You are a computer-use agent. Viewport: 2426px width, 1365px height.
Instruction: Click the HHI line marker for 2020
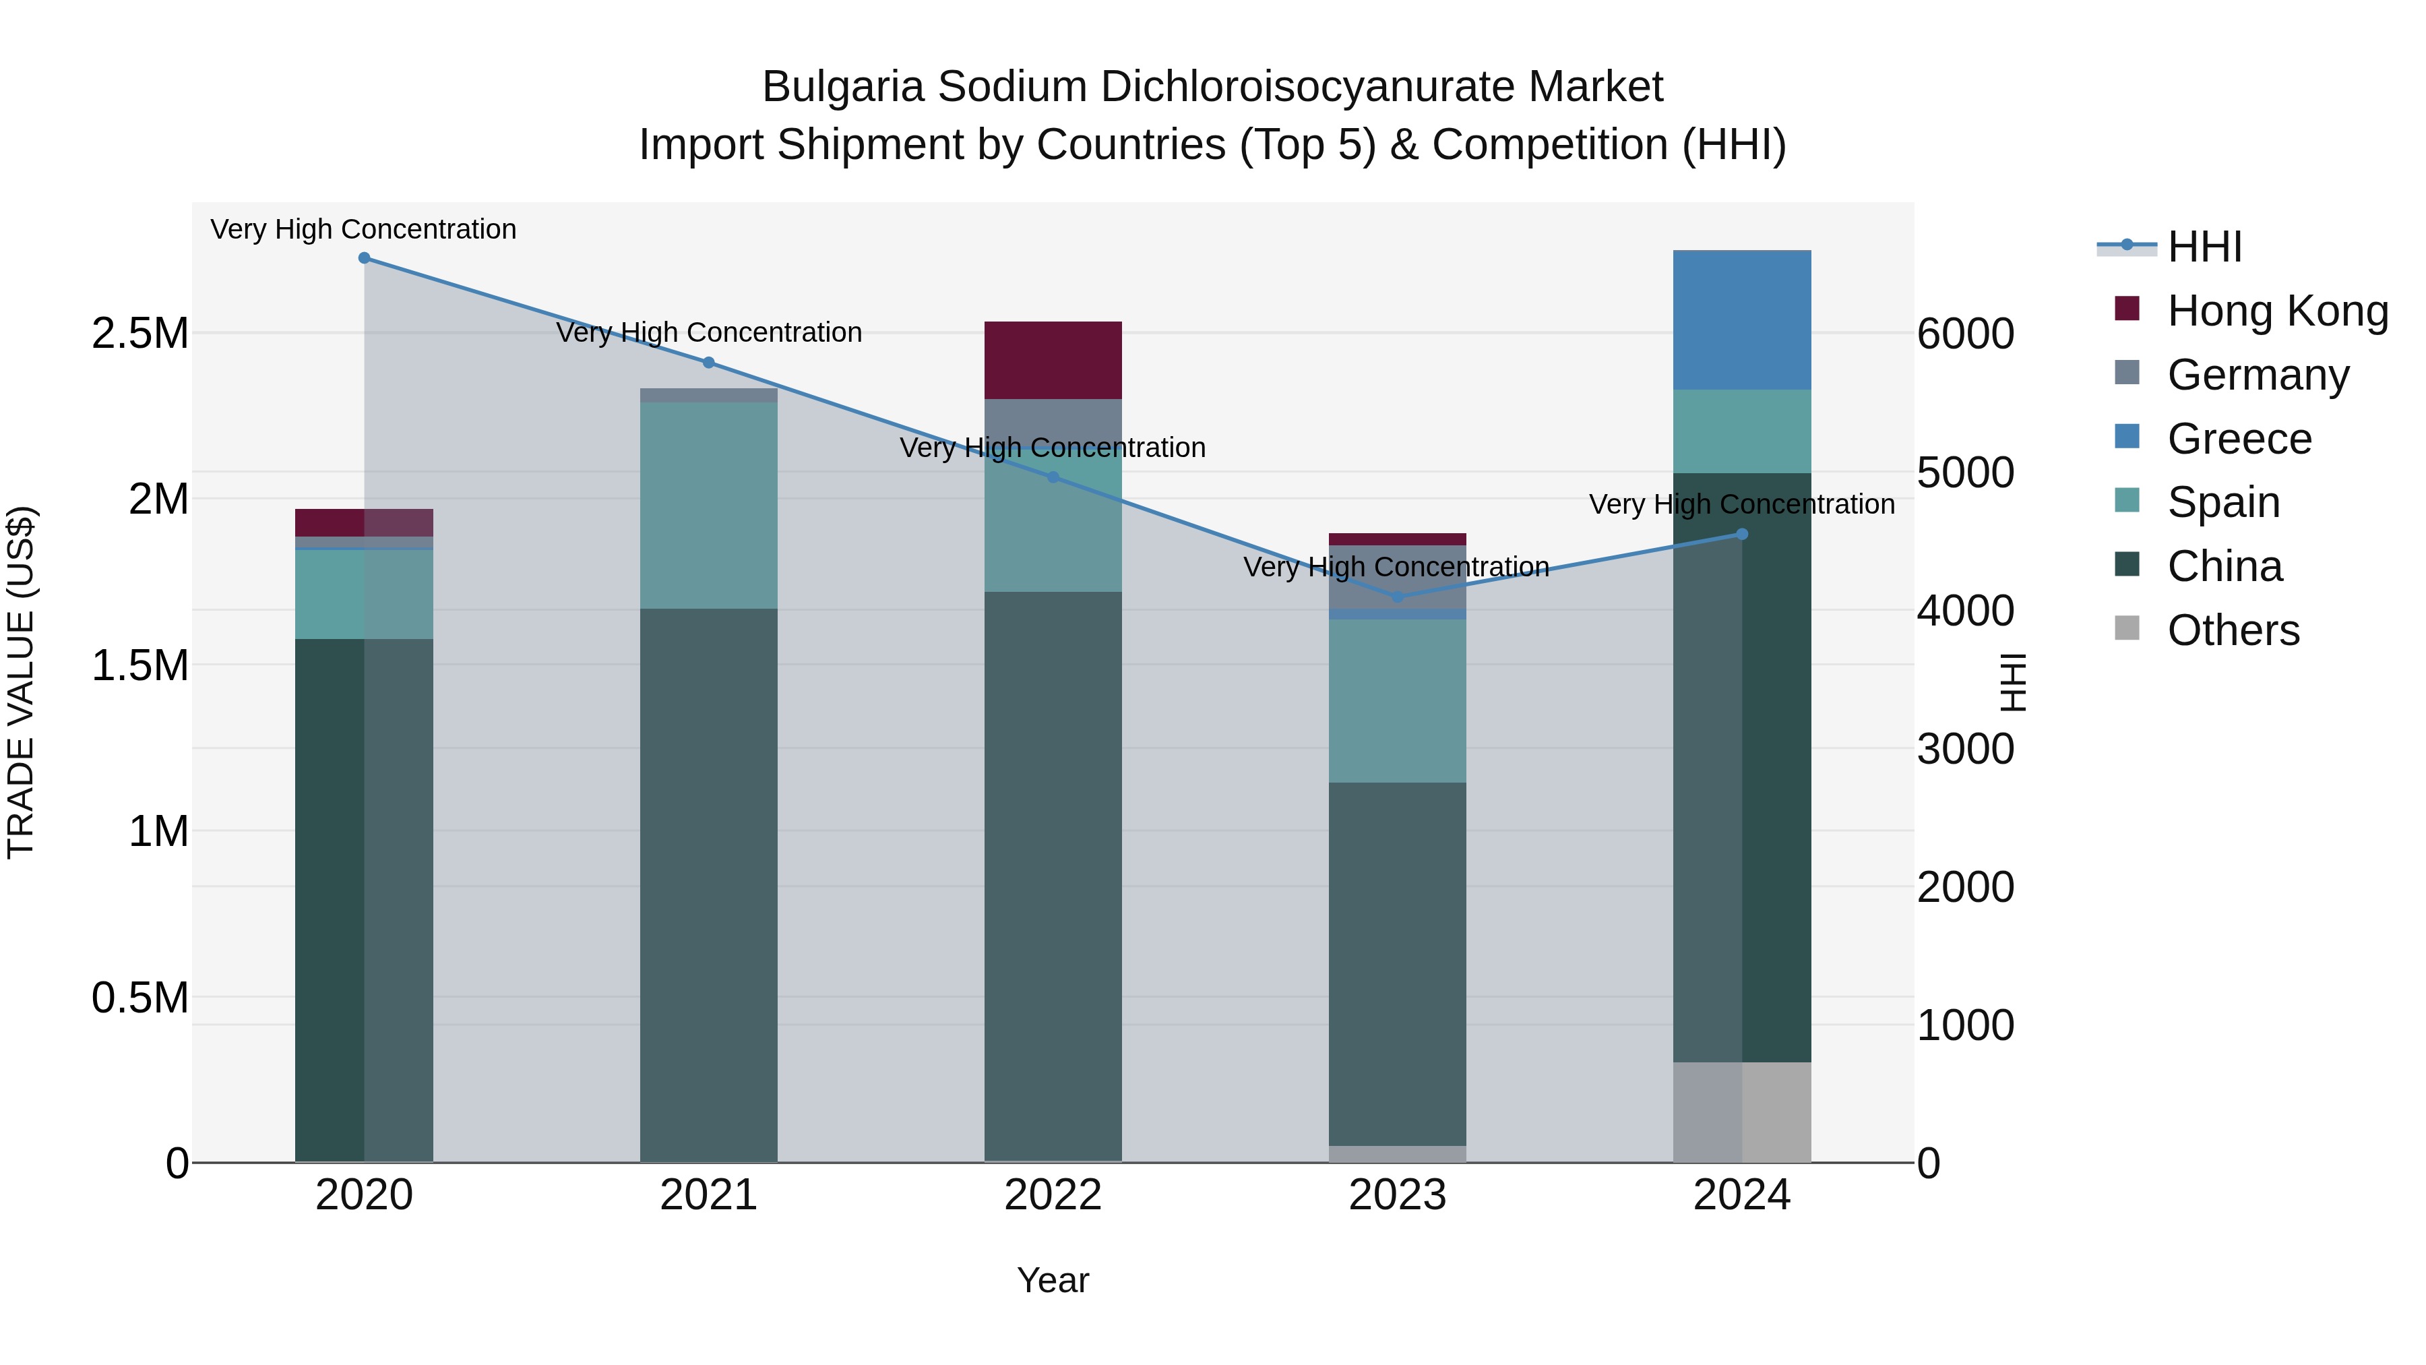pyautogui.click(x=365, y=258)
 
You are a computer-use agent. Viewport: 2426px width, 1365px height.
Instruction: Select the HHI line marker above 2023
pyautogui.click(x=1397, y=597)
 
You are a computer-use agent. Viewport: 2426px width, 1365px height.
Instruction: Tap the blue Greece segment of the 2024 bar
pyautogui.click(x=1741, y=320)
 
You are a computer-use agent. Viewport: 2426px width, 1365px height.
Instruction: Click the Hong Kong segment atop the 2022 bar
pyautogui.click(x=1053, y=360)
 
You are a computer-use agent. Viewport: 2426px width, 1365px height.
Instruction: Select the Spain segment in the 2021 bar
pyautogui.click(x=708, y=505)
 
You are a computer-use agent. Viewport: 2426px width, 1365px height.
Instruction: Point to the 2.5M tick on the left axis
pyautogui.click(x=139, y=334)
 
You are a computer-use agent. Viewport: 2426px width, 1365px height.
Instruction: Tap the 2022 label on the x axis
pyautogui.click(x=1053, y=1195)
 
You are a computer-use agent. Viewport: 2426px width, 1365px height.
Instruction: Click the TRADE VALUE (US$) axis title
pyautogui.click(x=21, y=682)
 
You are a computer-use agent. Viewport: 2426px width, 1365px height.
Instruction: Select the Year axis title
pyautogui.click(x=1053, y=1280)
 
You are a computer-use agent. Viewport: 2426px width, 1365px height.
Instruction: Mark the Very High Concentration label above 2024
pyautogui.click(x=1741, y=504)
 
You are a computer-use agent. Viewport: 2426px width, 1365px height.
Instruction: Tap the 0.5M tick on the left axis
pyautogui.click(x=139, y=998)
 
